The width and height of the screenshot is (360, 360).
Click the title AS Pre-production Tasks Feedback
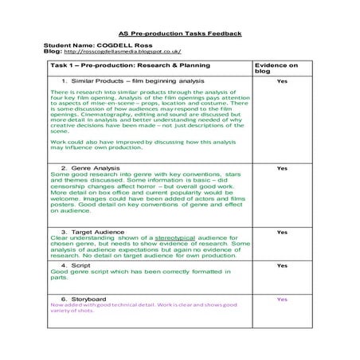[179, 34]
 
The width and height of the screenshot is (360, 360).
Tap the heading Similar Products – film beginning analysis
[132, 81]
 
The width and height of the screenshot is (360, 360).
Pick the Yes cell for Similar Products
[281, 81]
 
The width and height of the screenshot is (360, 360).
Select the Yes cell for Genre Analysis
[281, 168]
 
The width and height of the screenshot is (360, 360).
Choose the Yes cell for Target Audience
[281, 231]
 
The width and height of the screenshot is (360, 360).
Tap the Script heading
[80, 265]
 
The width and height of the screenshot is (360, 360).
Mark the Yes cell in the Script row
[281, 265]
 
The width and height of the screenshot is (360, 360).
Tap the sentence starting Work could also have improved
[143, 144]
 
